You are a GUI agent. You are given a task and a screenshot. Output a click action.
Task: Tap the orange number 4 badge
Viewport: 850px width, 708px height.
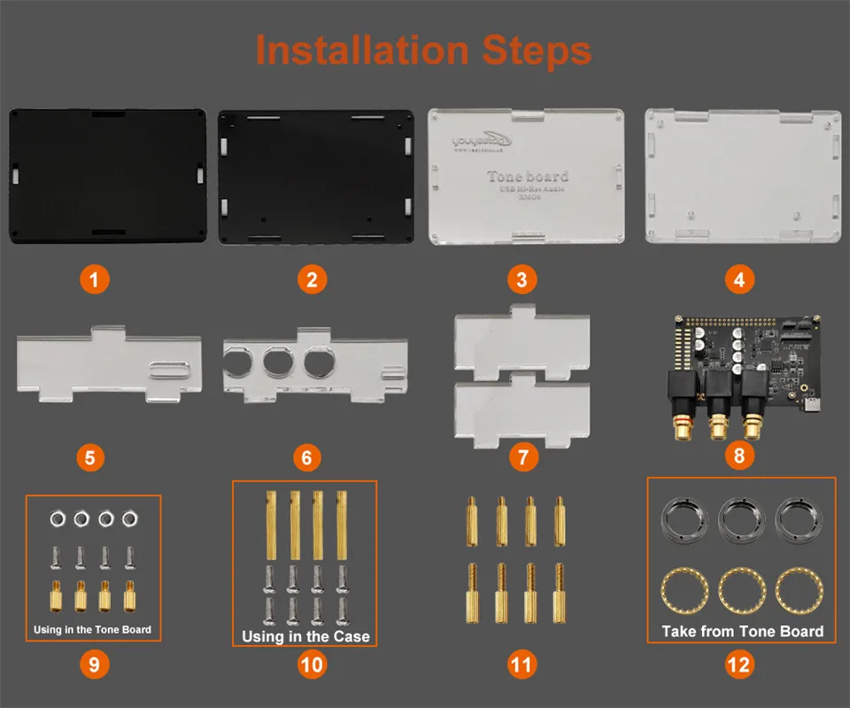coord(739,280)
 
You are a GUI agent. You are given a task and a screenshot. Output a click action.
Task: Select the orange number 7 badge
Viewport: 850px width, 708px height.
coord(523,458)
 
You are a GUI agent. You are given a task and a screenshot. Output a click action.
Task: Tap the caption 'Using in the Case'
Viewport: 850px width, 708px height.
coord(305,636)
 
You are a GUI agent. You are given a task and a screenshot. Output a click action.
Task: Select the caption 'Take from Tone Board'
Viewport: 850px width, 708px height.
coord(742,632)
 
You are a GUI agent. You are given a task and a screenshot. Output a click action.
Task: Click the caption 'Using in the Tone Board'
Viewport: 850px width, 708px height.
coord(93,630)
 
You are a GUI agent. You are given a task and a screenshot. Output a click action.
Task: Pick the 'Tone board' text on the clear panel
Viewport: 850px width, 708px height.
coord(528,176)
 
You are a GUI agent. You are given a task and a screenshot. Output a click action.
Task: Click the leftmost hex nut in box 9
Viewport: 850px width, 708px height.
coord(56,517)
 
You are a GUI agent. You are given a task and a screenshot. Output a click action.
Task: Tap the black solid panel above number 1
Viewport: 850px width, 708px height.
coord(107,175)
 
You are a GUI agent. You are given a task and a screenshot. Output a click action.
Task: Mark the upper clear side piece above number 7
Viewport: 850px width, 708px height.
coord(522,341)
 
